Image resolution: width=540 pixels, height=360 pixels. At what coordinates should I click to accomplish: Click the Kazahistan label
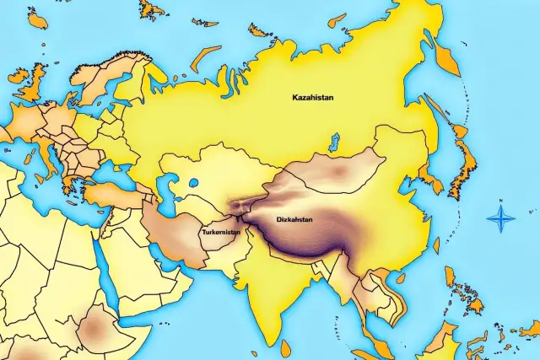tap(312, 98)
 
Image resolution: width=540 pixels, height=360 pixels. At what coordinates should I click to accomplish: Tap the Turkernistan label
tap(221, 231)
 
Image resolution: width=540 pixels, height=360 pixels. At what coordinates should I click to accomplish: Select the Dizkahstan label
tap(294, 219)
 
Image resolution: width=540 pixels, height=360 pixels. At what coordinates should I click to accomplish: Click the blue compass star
tap(501, 220)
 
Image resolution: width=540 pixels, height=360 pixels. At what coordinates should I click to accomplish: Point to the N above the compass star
tap(501, 201)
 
